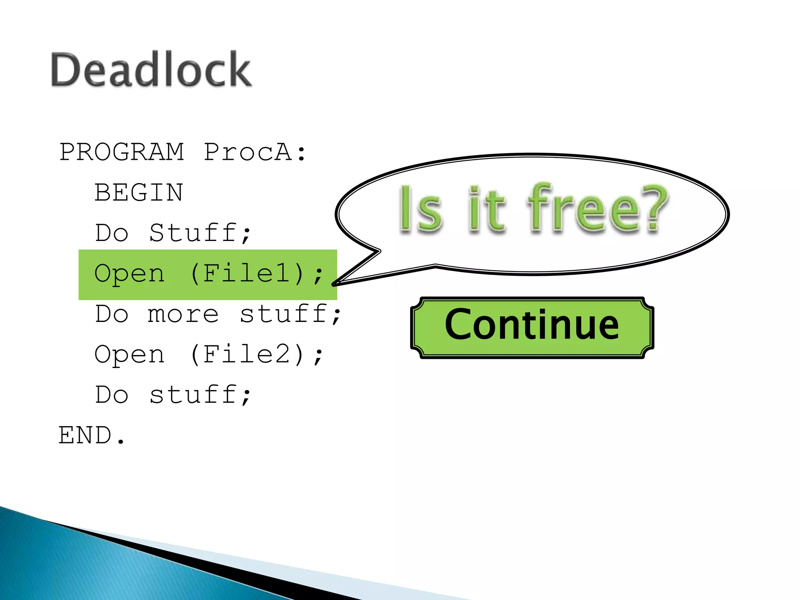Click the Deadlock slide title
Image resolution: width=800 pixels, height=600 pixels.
[x=151, y=70]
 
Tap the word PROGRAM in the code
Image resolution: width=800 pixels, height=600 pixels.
[x=121, y=152]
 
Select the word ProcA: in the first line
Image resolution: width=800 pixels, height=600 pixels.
[x=255, y=152]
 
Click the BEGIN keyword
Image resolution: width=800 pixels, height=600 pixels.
[x=139, y=193]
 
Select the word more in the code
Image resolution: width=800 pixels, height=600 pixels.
[x=183, y=314]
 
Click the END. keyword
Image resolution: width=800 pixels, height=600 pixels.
[x=92, y=436]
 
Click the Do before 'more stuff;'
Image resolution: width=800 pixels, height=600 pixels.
[x=112, y=314]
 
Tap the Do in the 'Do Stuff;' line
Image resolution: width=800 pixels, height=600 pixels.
[x=112, y=233]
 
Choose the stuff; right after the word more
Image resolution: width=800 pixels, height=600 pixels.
[x=290, y=314]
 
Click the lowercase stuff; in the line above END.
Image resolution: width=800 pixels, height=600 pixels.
[x=200, y=395]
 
